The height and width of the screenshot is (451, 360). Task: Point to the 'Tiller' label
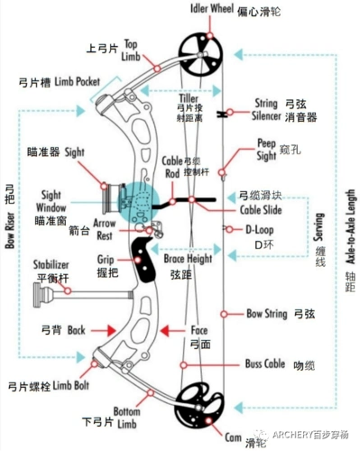[189, 98]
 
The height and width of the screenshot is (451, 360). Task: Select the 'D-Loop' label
[261, 229]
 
